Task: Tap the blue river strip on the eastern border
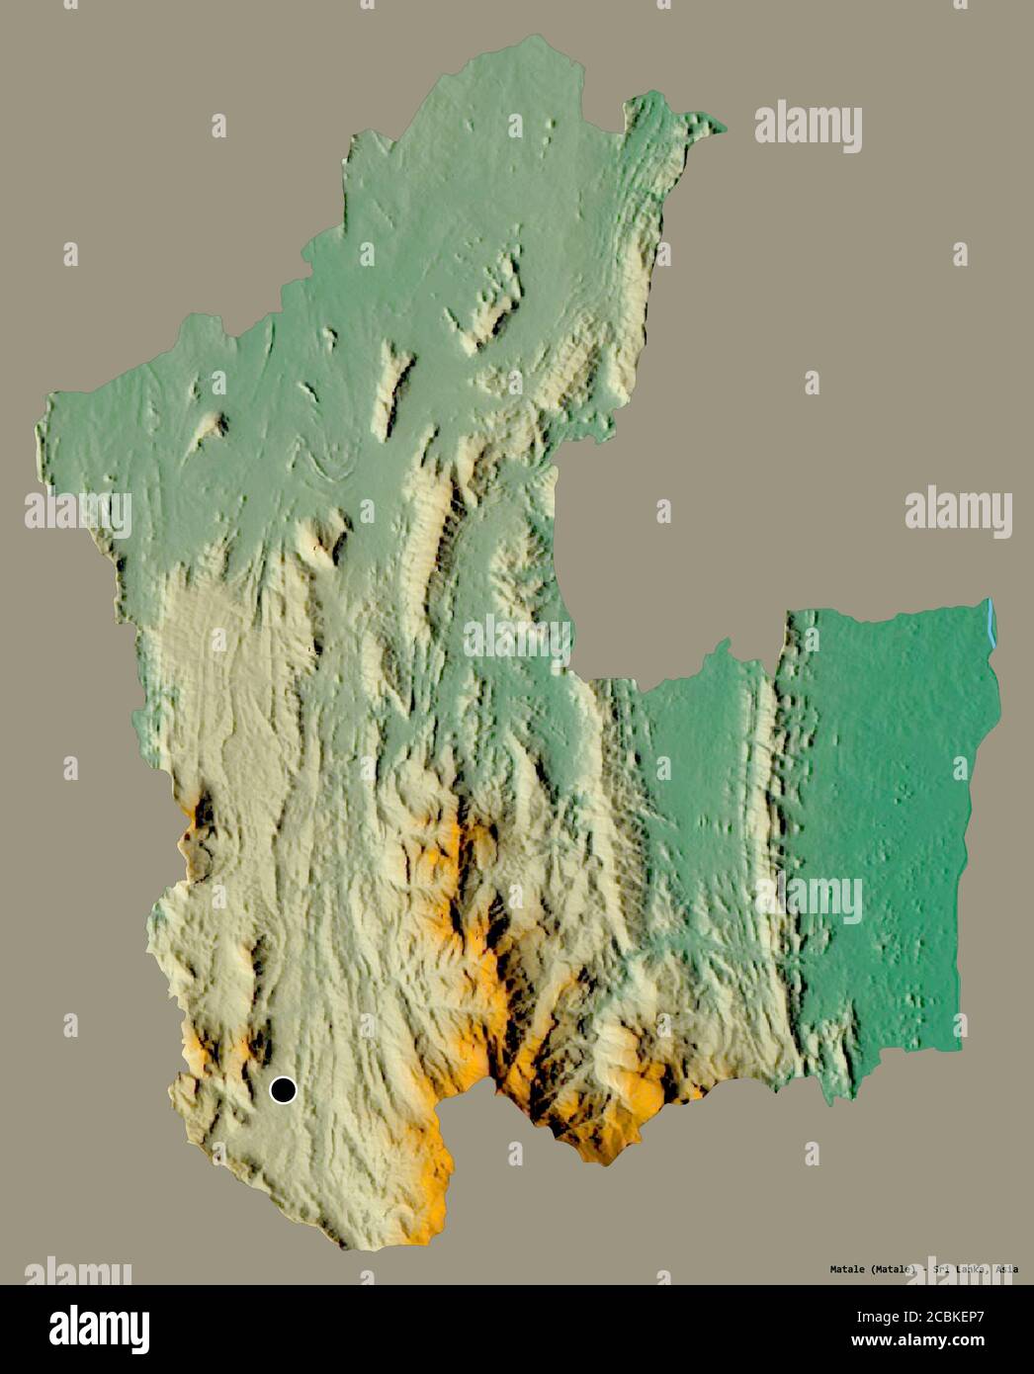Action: point(991,625)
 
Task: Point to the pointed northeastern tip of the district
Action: point(722,128)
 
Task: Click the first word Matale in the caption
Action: point(819,1269)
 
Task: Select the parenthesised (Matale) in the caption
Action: point(871,1269)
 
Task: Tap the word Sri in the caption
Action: point(933,1269)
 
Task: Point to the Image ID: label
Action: point(891,1317)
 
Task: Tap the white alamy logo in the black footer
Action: point(99,1329)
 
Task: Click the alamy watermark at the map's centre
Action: point(517,638)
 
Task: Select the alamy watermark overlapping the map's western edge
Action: point(77,512)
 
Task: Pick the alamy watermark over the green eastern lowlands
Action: point(809,899)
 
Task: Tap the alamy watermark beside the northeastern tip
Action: point(809,128)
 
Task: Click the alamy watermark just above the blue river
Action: point(958,512)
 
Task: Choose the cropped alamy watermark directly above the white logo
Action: point(77,1272)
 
